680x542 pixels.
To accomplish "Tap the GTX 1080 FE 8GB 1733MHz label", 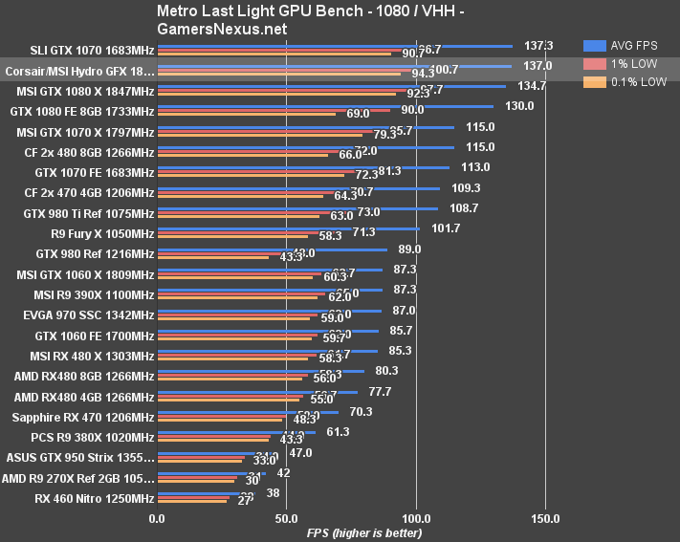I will [x=82, y=111].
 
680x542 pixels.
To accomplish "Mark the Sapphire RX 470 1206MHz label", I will [x=83, y=417].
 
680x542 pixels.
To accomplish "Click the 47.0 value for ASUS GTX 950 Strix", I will [x=300, y=452].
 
